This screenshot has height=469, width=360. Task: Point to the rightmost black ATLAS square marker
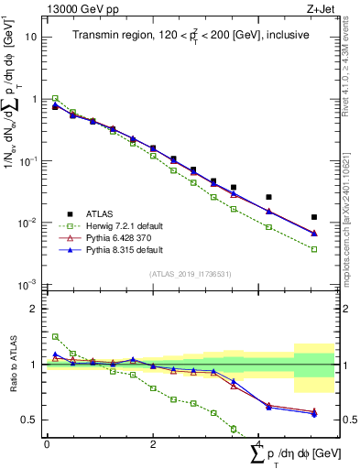pyautogui.click(x=314, y=217)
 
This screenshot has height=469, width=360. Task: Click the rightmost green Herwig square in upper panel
pyautogui.click(x=314, y=249)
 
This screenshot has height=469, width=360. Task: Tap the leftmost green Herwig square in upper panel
pyautogui.click(x=55, y=98)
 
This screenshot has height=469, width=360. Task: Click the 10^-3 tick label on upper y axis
pyautogui.click(x=30, y=285)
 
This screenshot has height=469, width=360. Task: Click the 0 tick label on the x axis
pyautogui.click(x=47, y=443)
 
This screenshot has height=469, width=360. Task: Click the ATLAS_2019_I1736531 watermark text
pyautogui.click(x=191, y=274)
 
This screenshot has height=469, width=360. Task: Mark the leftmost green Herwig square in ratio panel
pyautogui.click(x=55, y=336)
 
